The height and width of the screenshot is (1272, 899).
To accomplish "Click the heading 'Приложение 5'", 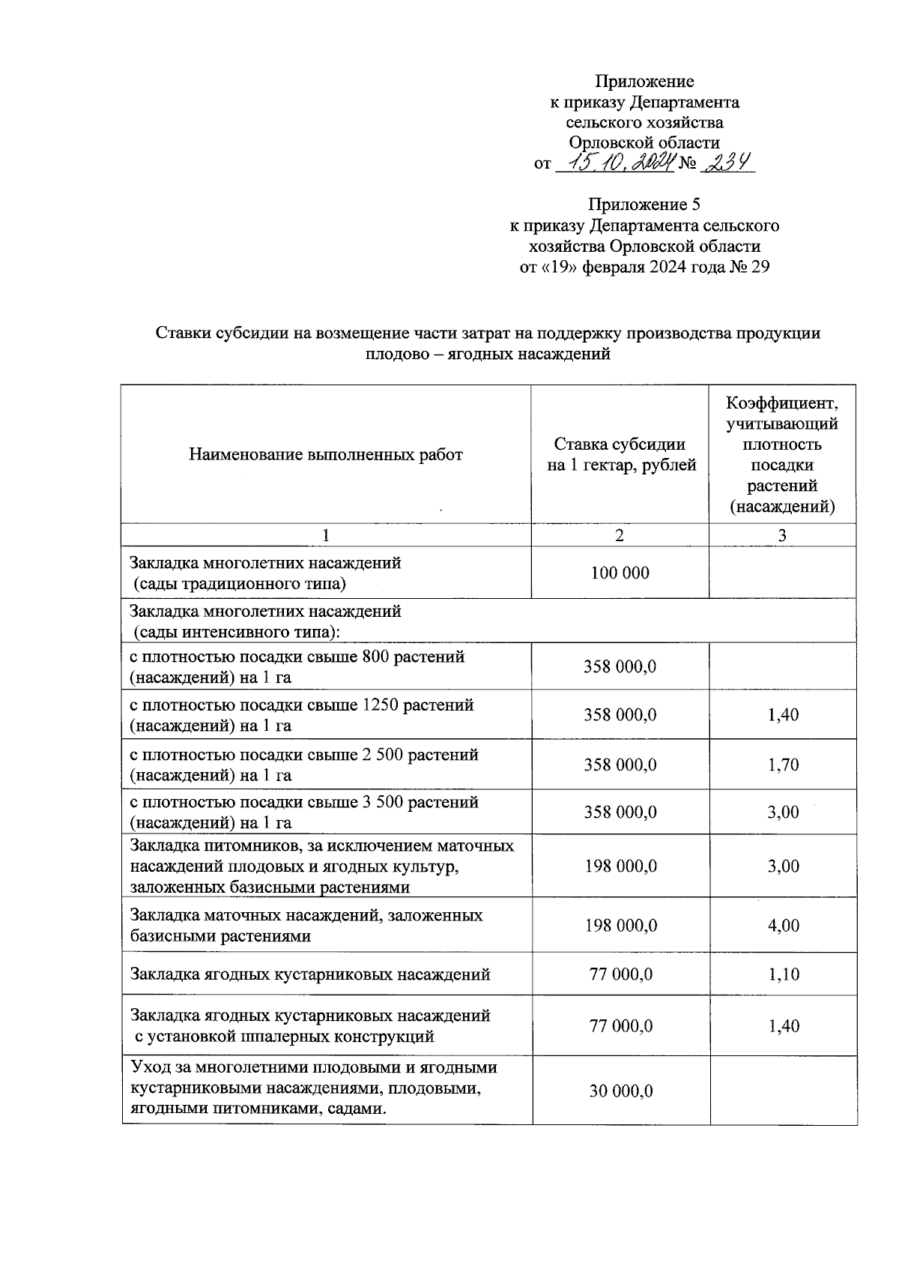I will click(x=644, y=205).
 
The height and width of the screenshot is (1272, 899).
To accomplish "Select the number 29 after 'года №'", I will click(x=760, y=267).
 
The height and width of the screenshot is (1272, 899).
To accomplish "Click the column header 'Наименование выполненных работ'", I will click(x=326, y=454).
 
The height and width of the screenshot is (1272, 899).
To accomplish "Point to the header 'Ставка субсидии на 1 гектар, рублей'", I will click(x=620, y=454).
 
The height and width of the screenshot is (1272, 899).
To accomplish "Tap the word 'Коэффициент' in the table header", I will click(x=782, y=404).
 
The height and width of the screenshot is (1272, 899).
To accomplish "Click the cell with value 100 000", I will click(x=620, y=573).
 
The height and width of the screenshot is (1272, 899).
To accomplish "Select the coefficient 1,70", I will click(x=783, y=765).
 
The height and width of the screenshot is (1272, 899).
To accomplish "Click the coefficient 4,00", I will click(x=783, y=926).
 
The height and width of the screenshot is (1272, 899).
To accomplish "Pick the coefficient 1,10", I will click(x=783, y=974).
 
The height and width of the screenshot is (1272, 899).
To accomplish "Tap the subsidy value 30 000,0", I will click(x=620, y=1091).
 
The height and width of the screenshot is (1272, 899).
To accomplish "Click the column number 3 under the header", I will click(x=782, y=535).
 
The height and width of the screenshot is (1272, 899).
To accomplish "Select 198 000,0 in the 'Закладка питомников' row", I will click(x=620, y=866).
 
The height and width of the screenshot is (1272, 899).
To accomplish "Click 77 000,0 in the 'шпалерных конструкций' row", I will click(x=620, y=1026).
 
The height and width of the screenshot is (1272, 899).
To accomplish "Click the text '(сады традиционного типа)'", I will click(x=240, y=583).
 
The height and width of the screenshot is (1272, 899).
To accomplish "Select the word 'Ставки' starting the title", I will click(x=178, y=334).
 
